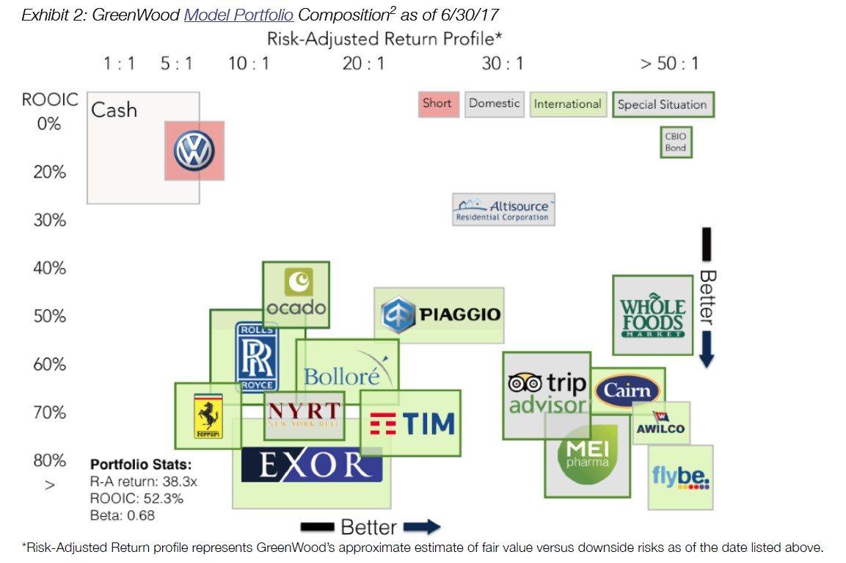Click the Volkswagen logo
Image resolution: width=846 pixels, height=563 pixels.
194,151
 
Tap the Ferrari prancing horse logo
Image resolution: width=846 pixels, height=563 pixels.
207,416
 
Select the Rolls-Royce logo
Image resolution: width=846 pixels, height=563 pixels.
257,357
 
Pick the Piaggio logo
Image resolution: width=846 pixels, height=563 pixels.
441,315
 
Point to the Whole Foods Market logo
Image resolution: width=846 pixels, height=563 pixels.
652,316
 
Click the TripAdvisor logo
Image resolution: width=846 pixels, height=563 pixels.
547,393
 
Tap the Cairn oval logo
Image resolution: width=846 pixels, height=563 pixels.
628,390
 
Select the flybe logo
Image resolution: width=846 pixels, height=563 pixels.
680,478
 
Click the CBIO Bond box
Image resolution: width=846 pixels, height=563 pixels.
675,142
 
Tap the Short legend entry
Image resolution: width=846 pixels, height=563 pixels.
437,103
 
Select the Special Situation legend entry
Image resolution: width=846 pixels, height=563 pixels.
662,104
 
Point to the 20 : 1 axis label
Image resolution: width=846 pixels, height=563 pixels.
363,64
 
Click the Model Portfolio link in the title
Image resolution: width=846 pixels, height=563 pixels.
238,15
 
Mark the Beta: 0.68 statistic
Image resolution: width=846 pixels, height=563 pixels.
123,515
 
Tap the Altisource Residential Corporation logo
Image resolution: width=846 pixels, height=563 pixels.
503,211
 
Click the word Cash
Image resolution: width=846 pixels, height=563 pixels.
114,110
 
